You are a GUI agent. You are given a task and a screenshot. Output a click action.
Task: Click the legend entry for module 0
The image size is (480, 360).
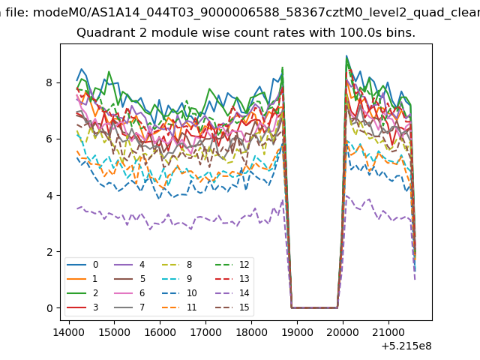tap(82, 265)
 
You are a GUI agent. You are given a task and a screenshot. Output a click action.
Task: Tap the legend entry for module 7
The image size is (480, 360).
tap(129, 307)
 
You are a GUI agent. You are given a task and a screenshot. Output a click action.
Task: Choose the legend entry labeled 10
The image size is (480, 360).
tap(178, 293)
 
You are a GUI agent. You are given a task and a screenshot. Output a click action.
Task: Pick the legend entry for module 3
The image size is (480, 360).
tap(82, 307)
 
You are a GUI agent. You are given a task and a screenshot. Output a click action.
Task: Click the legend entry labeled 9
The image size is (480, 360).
tap(176, 278)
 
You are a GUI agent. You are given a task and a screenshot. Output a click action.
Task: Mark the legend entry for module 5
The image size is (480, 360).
tap(129, 278)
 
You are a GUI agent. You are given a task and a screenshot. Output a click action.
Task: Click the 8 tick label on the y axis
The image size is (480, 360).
tap(49, 82)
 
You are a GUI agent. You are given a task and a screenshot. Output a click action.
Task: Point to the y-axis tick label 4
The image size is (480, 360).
tap(49, 195)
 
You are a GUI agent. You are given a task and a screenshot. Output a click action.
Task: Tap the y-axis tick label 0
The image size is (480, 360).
tap(49, 308)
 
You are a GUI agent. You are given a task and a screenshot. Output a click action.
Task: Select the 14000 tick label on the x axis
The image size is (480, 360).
tap(69, 332)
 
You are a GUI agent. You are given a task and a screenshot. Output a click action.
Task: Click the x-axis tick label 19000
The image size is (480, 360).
tap(297, 332)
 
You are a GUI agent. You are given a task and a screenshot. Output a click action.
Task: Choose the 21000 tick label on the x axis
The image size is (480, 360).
tap(388, 332)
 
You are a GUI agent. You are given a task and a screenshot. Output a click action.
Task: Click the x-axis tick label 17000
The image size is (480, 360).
tap(205, 332)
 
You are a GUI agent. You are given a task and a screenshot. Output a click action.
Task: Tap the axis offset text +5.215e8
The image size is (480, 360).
tap(406, 346)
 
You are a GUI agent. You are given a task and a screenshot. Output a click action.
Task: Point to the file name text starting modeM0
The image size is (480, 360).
tap(256, 13)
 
